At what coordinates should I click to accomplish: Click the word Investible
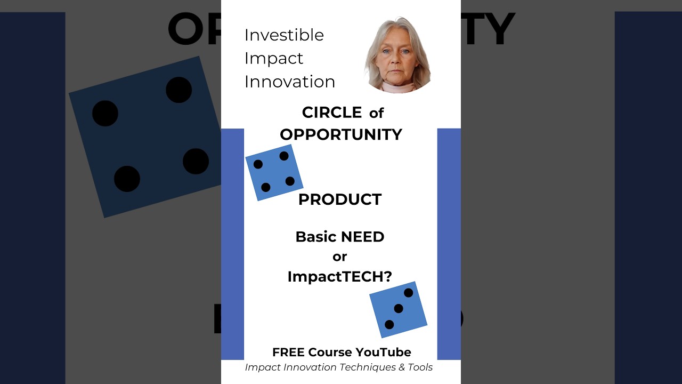click(x=284, y=35)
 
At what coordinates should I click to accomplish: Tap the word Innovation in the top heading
click(x=290, y=82)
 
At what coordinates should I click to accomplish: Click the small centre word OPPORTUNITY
click(x=341, y=134)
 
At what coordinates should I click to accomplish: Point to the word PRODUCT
click(x=340, y=199)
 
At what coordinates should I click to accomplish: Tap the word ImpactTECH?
click(x=340, y=276)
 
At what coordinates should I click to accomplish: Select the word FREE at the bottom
click(x=288, y=353)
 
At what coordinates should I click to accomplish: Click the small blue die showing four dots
click(x=274, y=172)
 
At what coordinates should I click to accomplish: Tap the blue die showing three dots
click(x=399, y=309)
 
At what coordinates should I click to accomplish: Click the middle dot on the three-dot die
click(x=399, y=309)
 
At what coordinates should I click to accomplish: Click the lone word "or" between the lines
click(x=340, y=257)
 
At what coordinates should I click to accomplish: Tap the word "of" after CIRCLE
click(x=376, y=113)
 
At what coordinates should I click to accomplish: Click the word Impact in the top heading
click(x=274, y=58)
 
